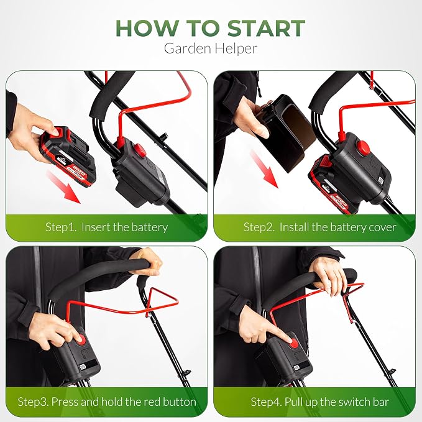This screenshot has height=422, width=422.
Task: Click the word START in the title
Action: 266,28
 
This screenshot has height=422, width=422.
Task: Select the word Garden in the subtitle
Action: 187,48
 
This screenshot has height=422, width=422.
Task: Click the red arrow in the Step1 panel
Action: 63,187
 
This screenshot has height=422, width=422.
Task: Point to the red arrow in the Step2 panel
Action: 264,169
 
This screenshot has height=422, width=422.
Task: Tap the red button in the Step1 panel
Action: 140,150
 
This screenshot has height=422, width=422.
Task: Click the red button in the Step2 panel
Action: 364,148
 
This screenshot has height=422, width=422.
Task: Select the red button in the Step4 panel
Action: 293,343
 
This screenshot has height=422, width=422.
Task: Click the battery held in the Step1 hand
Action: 68,156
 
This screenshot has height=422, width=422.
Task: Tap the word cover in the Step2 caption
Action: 382,227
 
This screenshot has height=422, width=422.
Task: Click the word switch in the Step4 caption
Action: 354,402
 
